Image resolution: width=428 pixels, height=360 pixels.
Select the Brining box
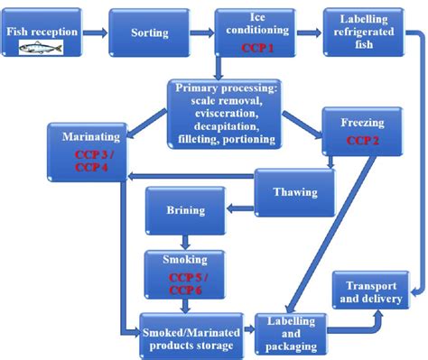click(184, 212)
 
